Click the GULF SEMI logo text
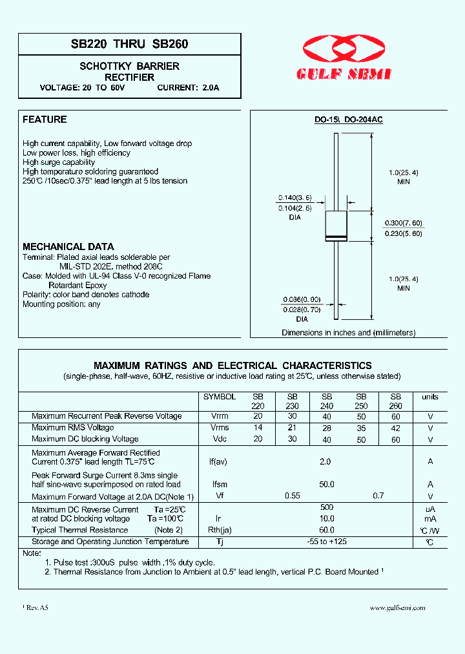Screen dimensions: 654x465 (x=344, y=75)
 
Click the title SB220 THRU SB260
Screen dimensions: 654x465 (x=130, y=45)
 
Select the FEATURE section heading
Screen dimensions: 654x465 (x=45, y=120)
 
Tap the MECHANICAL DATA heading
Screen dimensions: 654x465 (x=68, y=247)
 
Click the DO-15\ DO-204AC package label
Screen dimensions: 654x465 (x=348, y=120)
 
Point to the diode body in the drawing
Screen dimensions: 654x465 (x=336, y=226)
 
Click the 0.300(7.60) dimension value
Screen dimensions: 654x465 (x=404, y=222)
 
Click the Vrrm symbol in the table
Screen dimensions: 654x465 (x=220, y=416)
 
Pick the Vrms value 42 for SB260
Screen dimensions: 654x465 (x=396, y=428)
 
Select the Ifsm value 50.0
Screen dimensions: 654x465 (x=327, y=485)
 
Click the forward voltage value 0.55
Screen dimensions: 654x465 (x=293, y=496)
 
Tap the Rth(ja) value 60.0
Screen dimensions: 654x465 (x=327, y=530)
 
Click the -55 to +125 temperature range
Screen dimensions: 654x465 (x=327, y=542)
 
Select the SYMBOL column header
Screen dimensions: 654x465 (x=220, y=397)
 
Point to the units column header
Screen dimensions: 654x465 (x=429, y=397)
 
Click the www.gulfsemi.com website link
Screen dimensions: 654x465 (x=397, y=607)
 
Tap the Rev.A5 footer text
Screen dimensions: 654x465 (x=37, y=607)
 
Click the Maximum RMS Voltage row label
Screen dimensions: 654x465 (x=73, y=428)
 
